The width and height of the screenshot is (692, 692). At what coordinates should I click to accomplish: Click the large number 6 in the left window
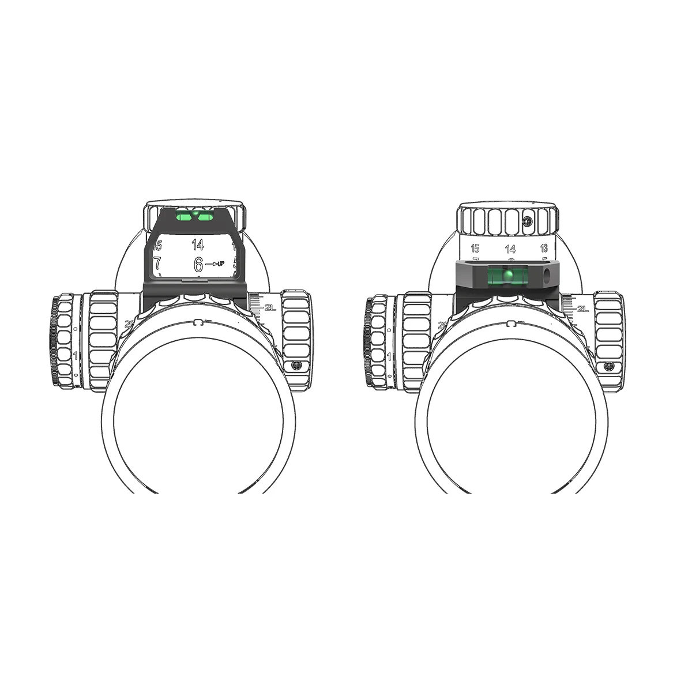pos(198,265)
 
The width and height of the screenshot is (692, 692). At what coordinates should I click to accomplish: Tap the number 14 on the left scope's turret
pos(198,245)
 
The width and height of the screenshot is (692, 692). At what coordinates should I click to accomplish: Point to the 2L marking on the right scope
pos(582,309)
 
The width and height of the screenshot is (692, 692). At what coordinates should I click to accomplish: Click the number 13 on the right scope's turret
pos(544,249)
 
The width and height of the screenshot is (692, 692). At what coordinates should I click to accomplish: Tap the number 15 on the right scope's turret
pos(475,249)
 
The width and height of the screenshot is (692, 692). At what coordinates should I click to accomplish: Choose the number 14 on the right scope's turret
pos(510,249)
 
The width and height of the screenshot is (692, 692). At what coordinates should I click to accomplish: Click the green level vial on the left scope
pos(195,216)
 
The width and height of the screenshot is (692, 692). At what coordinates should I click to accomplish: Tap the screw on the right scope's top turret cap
pos(526,221)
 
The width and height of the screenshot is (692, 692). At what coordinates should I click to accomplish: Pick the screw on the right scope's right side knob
pos(608,366)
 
